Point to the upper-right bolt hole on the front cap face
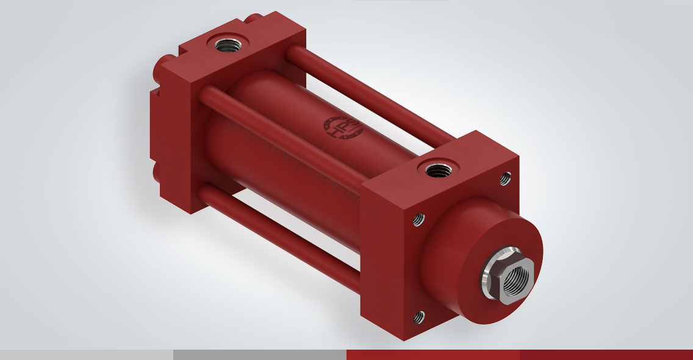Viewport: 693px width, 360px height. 505,178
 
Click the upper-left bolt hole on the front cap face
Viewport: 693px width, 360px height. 419,218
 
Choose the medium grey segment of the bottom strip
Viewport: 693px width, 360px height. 260,355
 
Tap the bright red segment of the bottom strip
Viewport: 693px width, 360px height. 433,355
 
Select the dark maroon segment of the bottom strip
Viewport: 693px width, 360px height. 606,355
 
